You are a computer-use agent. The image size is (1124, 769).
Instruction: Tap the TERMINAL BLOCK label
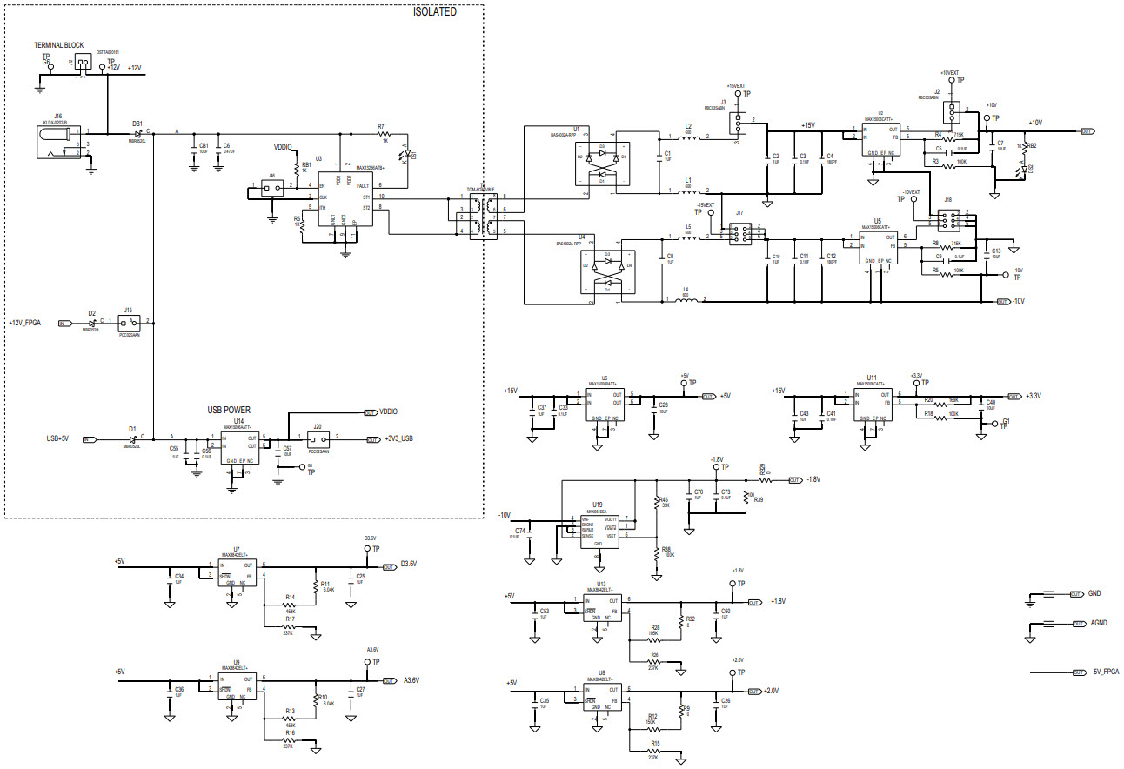[x=58, y=44]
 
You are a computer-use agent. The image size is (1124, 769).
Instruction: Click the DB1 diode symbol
[x=138, y=133]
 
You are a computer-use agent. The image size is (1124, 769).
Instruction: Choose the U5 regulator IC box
[x=880, y=247]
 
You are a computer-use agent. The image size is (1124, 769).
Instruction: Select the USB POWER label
[x=229, y=409]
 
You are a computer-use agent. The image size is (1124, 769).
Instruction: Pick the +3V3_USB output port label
[x=398, y=440]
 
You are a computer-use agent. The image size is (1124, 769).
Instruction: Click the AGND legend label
[x=1099, y=623]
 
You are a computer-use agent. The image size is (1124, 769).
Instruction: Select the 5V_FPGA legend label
[x=1106, y=672]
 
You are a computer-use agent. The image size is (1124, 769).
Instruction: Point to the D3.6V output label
[x=409, y=564]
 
